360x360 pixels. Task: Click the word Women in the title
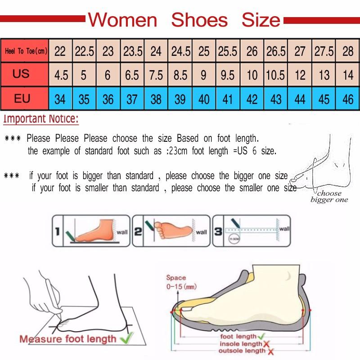pyautogui.click(x=122, y=20)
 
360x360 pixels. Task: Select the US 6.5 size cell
pyautogui.click(x=132, y=75)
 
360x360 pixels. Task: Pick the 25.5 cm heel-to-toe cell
pyautogui.click(x=228, y=51)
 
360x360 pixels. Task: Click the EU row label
pyautogui.click(x=22, y=98)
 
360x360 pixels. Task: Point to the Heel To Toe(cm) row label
pyautogui.click(x=26, y=51)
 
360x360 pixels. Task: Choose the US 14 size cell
pyautogui.click(x=348, y=75)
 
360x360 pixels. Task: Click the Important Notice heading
pyautogui.click(x=41, y=119)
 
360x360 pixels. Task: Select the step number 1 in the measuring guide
pyautogui.click(x=58, y=232)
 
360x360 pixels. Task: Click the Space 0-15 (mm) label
pyautogui.click(x=181, y=282)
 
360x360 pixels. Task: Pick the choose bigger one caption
pyautogui.click(x=329, y=197)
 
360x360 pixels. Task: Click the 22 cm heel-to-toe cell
pyautogui.click(x=60, y=51)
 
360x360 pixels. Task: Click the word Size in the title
pyautogui.click(x=261, y=20)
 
